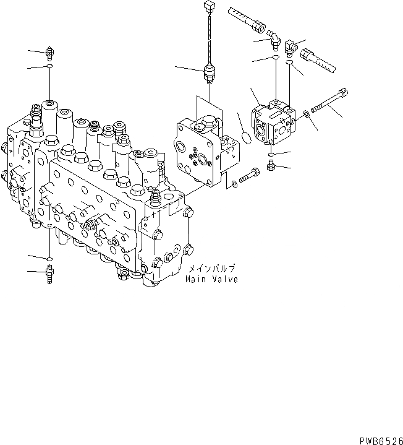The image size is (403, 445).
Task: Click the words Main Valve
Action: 211,279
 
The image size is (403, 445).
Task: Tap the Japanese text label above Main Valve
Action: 211,269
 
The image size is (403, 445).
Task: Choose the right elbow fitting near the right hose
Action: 290,47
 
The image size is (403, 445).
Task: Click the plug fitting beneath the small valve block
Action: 271,166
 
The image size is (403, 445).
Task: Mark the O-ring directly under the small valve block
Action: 271,153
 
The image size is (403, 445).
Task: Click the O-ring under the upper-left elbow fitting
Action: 273,58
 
